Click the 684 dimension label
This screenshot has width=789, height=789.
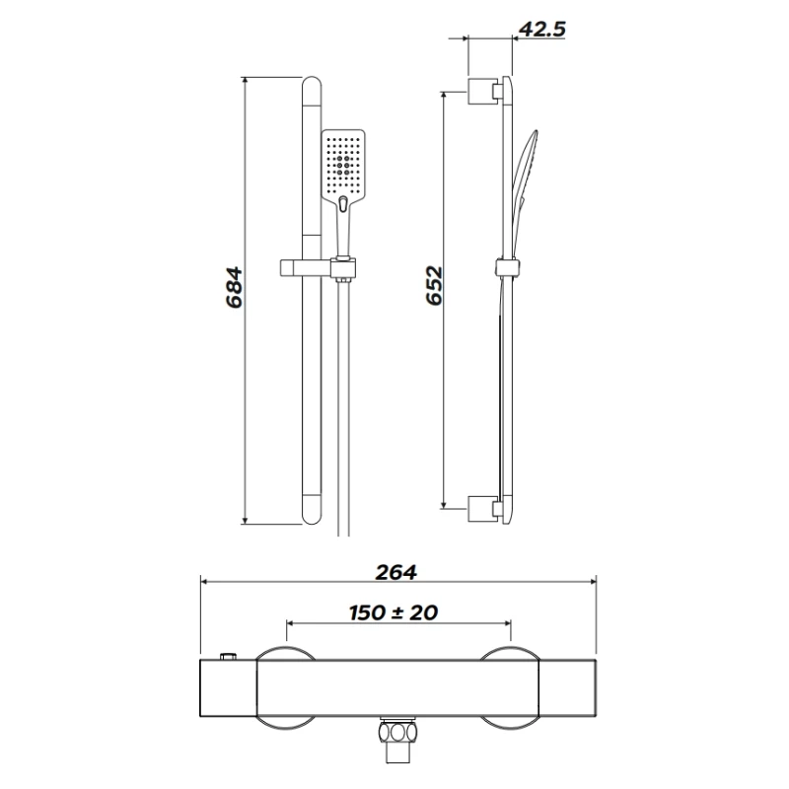[x=235, y=287]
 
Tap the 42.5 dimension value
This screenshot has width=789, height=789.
[x=540, y=29]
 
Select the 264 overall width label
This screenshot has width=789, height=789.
[x=396, y=572]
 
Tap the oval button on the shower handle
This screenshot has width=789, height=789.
[x=342, y=204]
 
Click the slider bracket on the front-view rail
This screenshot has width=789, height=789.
[x=316, y=265]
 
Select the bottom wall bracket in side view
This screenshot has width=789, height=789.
[x=483, y=507]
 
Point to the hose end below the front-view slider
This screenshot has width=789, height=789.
[x=343, y=414]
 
